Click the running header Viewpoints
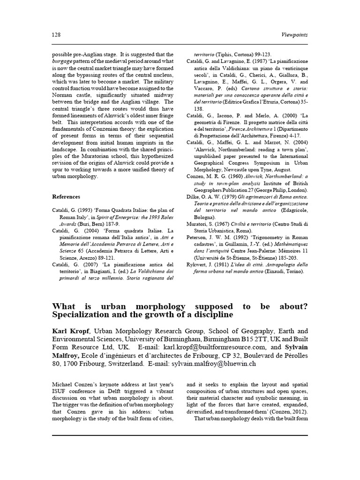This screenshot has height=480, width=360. pyautogui.click(x=294, y=35)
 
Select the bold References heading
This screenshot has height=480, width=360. pyautogui.click(x=66, y=197)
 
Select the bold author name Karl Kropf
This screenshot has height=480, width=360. pyautogui.click(x=68, y=331)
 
